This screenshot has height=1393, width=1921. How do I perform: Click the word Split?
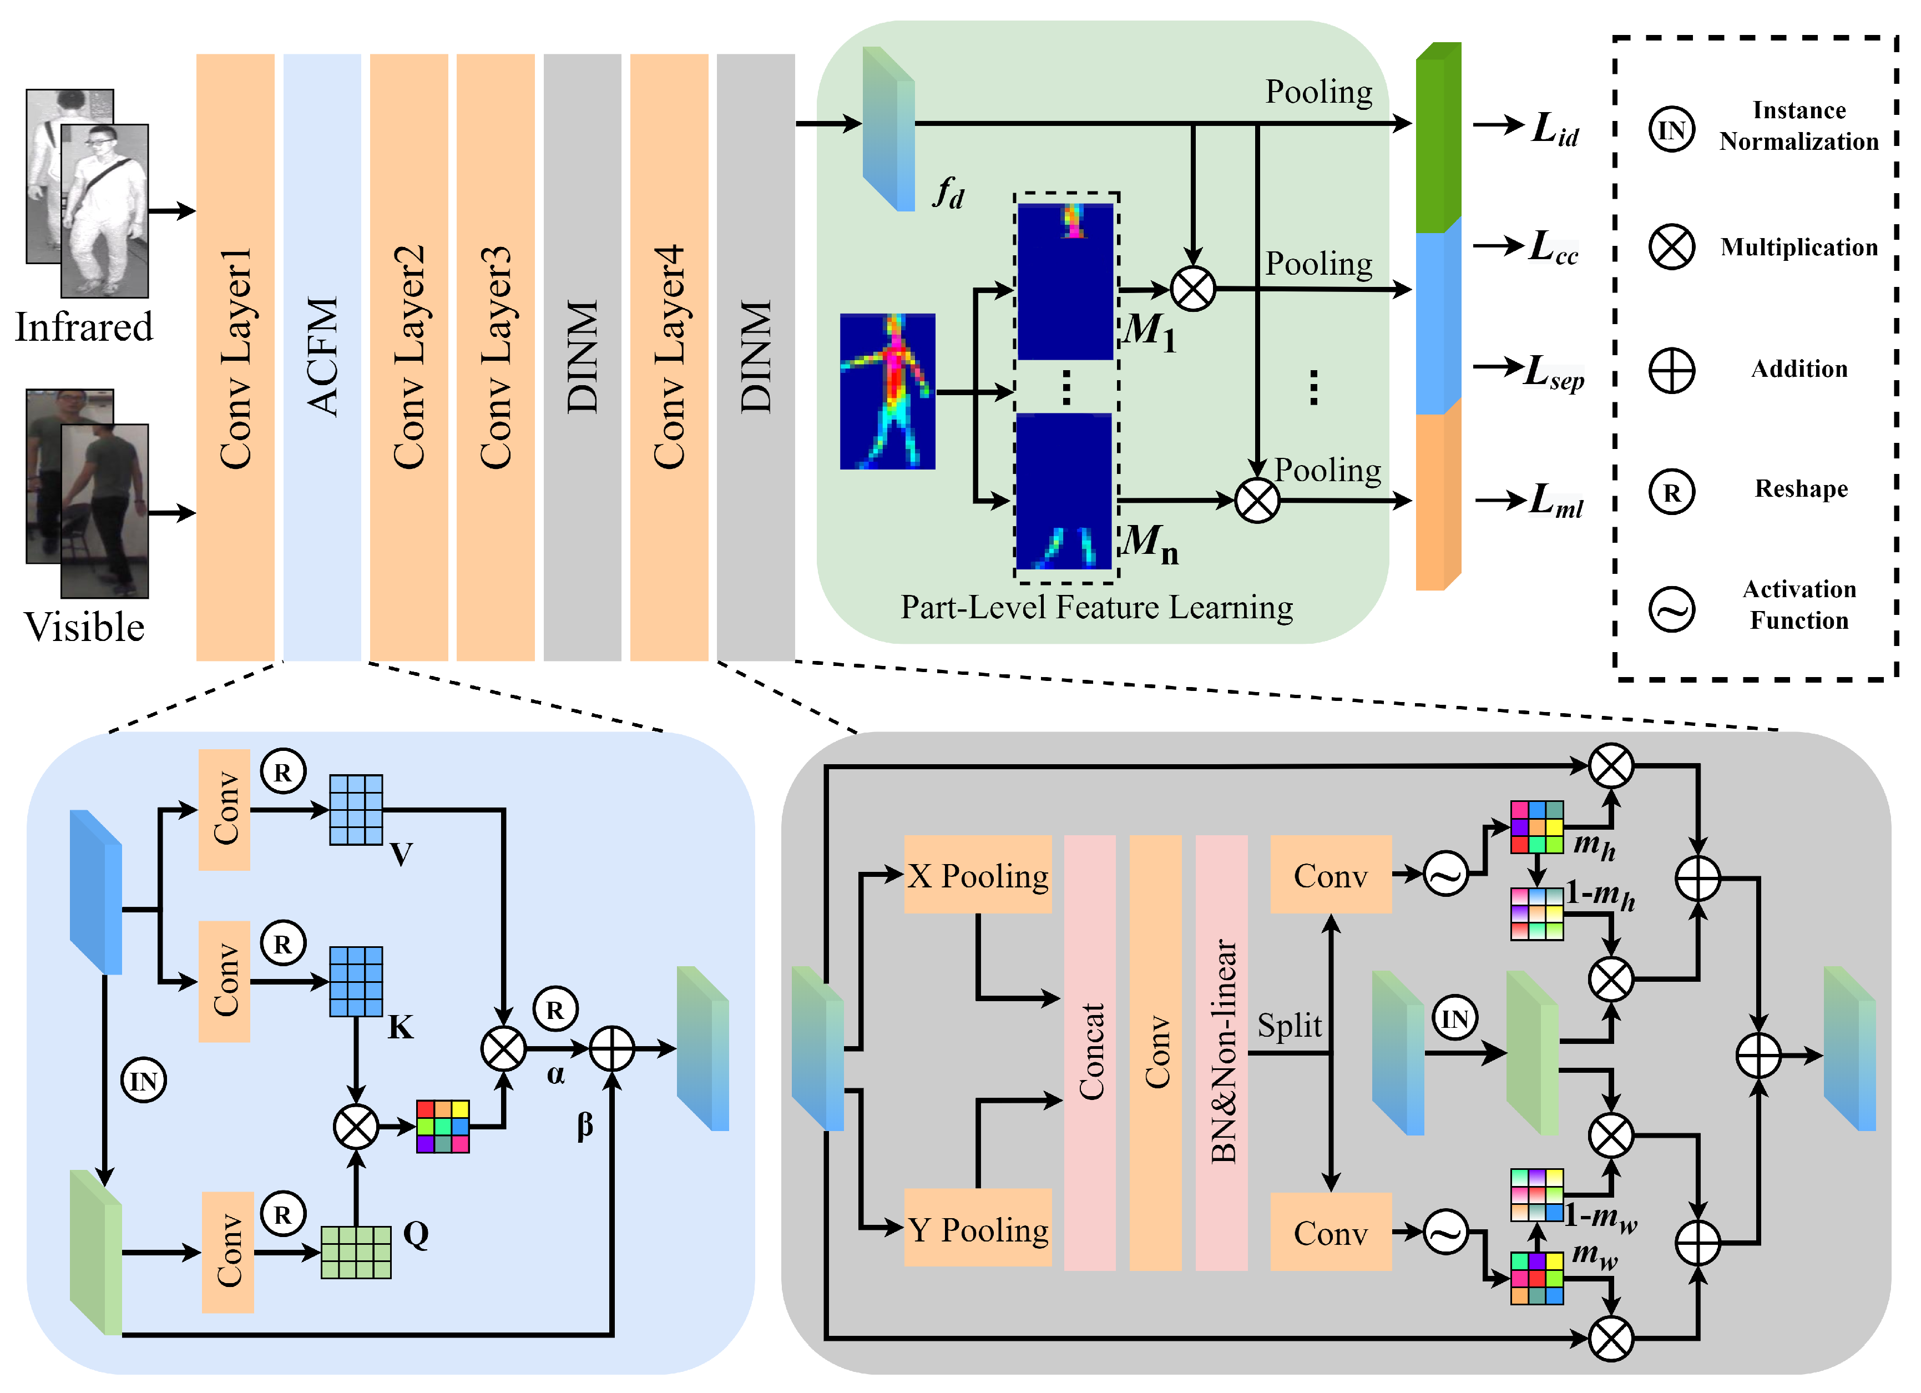pyautogui.click(x=1288, y=1025)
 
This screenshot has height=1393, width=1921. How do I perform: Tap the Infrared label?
pyautogui.click(x=84, y=327)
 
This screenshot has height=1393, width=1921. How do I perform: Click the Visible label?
pyautogui.click(x=84, y=627)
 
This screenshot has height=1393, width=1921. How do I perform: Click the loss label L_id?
pyautogui.click(x=1554, y=129)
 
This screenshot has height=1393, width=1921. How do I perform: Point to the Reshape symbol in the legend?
pyautogui.click(x=1671, y=492)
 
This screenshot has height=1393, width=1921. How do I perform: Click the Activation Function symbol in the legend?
pyautogui.click(x=1671, y=608)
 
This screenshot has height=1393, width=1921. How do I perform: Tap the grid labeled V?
pyautogui.click(x=356, y=809)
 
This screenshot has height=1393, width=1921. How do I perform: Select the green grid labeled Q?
pyautogui.click(x=356, y=1251)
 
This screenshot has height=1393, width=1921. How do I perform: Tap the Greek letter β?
pyautogui.click(x=584, y=1125)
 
